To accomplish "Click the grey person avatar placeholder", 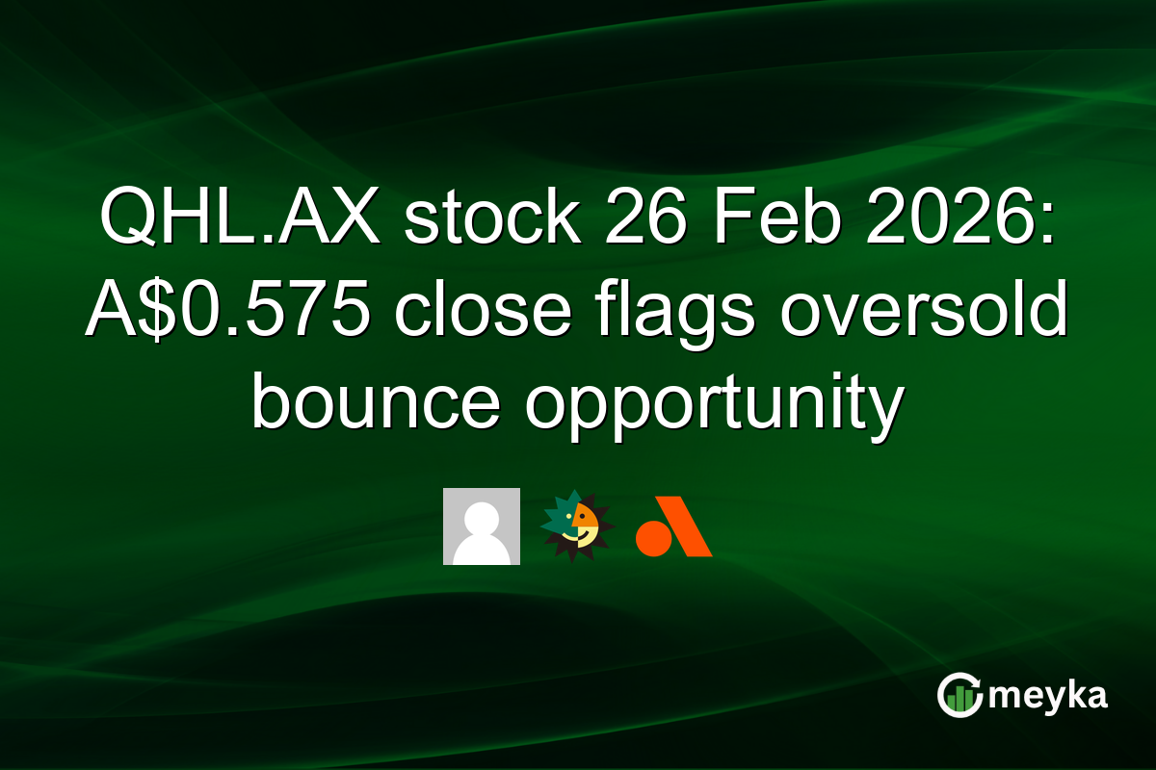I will click(482, 526).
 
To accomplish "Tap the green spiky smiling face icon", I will click(577, 526).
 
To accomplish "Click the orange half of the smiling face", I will click(587, 523).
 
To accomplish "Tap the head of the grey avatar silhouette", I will click(482, 516).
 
